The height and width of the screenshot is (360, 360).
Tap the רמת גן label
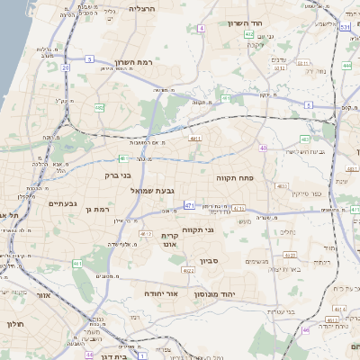tap(94, 209)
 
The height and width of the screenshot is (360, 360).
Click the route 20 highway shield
tap(66, 67)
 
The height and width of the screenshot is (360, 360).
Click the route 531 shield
tap(346, 28)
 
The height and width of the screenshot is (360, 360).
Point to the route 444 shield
tap(347, 66)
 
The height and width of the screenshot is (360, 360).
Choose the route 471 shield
tap(189, 206)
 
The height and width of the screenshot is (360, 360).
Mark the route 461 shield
tap(78, 264)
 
